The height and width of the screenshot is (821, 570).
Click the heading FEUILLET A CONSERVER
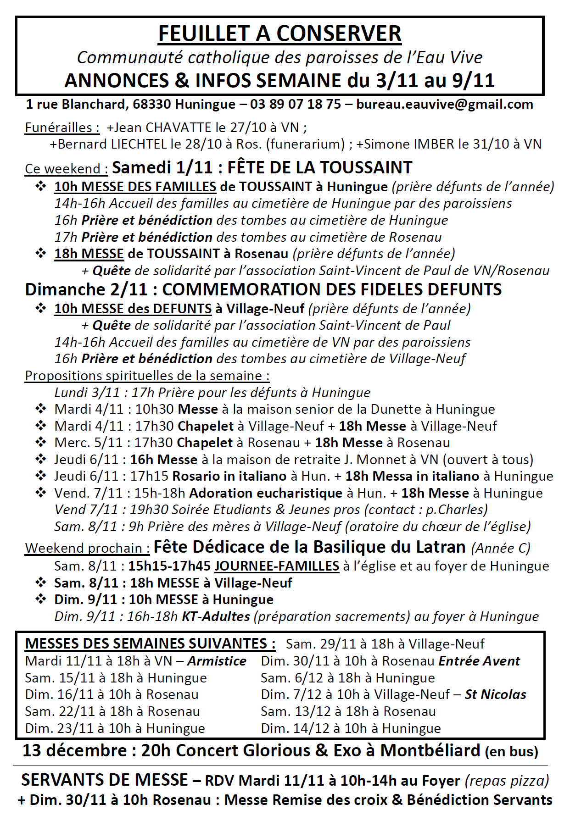coord(279,33)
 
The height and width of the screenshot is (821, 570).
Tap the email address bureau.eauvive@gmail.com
coord(444,105)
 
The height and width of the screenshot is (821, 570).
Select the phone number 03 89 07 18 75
coord(295,105)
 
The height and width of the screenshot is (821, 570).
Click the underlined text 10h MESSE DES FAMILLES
coord(135,187)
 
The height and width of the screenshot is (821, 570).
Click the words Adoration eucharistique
coord(266,493)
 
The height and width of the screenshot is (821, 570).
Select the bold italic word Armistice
coord(217,661)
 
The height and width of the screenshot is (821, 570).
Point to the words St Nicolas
coord(495,694)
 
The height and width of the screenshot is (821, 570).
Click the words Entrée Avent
coord(479,661)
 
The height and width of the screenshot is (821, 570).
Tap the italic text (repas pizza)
coord(507,780)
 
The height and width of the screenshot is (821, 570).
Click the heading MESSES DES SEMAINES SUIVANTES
coord(150,643)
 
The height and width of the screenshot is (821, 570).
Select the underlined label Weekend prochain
coord(87,548)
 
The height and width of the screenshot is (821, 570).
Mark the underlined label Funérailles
coord(62,128)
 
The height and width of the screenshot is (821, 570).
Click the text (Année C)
coord(500,548)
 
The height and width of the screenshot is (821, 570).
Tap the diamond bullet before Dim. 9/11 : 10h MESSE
coord(41,599)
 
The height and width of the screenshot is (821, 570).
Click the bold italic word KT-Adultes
coord(216,616)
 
